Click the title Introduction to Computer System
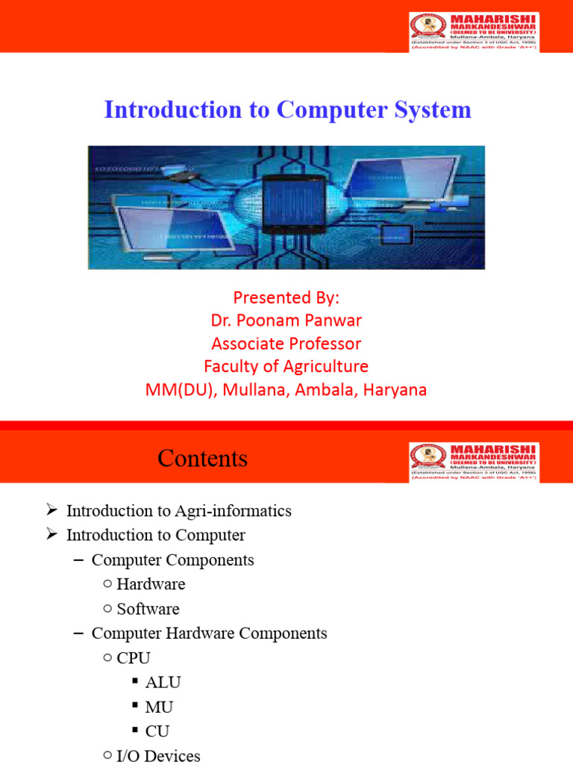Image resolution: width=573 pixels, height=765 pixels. coord(287,110)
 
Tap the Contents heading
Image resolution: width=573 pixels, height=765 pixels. coord(202,458)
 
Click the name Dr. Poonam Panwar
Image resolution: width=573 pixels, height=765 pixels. coord(286,320)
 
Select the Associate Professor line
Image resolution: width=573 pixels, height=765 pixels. coord(286,344)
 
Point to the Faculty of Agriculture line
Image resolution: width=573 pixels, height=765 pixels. coord(286,367)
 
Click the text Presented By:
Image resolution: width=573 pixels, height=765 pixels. coord(286,297)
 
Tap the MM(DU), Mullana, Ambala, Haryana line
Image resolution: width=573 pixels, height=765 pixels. coord(286,390)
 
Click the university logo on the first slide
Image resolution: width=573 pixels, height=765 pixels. coord(474,31)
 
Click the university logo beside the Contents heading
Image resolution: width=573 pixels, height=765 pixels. coord(474,462)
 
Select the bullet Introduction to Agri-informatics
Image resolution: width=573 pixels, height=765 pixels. coord(178,511)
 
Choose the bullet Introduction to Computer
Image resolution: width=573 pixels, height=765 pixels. coord(155,536)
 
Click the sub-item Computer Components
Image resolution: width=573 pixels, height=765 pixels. coord(172,560)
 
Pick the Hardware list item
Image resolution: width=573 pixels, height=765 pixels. coord(151,584)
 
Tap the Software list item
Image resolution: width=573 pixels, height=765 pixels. coord(148,609)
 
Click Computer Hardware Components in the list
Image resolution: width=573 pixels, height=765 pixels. coord(209,634)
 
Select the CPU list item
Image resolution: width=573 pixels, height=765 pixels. coord(134,658)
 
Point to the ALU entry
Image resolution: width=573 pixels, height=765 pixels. coord(163,682)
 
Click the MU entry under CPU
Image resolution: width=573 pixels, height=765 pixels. coord(159,707)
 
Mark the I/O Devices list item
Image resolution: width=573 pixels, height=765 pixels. coord(158,755)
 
